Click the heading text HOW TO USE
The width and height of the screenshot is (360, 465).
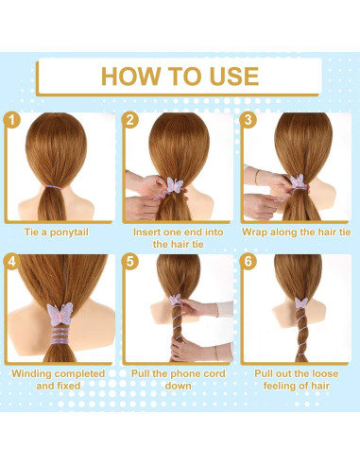179,77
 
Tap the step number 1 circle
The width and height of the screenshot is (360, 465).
12,120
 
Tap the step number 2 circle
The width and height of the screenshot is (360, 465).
131,120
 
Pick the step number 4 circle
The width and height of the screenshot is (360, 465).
12,261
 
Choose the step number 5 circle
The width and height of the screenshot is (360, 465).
131,261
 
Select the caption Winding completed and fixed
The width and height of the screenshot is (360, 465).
59,379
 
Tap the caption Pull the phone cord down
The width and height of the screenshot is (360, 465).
179,379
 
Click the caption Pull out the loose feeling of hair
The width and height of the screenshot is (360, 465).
297,379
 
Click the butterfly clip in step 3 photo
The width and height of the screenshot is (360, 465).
297,181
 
